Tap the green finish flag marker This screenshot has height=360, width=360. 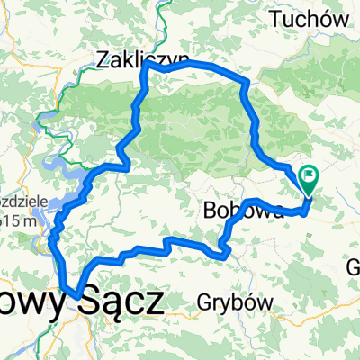[x=310, y=181]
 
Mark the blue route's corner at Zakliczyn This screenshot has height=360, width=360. [x=144, y=70]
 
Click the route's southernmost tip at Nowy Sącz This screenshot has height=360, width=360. [x=77, y=290]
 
